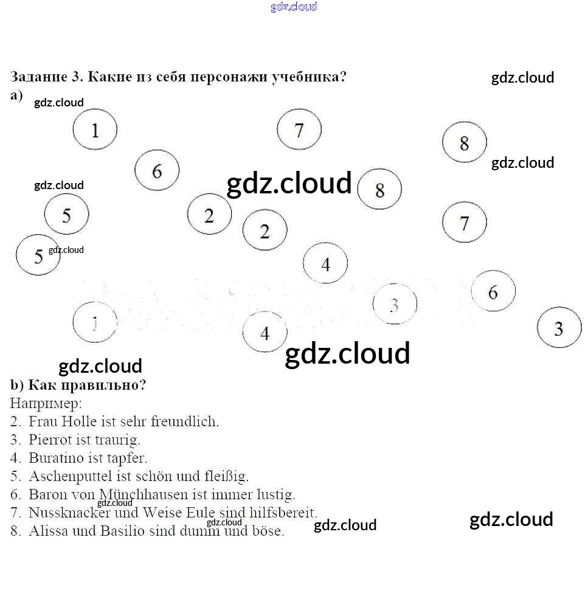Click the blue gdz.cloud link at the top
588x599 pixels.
click(294, 7)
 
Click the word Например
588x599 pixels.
click(46, 403)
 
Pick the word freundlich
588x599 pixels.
click(184, 421)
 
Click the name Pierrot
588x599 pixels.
click(49, 439)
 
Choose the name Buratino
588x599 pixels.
click(55, 457)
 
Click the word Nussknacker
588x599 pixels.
click(69, 512)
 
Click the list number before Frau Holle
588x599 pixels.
click(16, 421)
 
